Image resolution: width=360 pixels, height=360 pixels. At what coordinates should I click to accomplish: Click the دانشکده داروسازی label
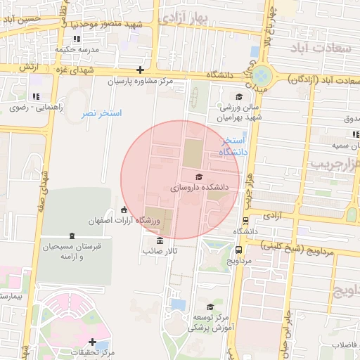tap(200, 188)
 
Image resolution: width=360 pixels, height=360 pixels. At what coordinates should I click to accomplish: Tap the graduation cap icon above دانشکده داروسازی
tap(199, 176)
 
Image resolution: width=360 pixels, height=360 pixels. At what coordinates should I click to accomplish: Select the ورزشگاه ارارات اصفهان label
tap(124, 221)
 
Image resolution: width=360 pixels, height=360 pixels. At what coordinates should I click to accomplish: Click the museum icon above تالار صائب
tap(151, 240)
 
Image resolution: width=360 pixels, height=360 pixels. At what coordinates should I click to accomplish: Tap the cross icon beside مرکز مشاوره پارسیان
tap(141, 70)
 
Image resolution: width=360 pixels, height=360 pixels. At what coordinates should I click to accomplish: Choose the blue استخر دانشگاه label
tap(231, 146)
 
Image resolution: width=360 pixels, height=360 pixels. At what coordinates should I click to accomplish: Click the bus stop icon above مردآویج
tap(240, 250)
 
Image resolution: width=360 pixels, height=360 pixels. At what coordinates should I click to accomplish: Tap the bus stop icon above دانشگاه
tap(245, 220)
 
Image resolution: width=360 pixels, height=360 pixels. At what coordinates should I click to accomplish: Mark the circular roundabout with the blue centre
tap(262, 75)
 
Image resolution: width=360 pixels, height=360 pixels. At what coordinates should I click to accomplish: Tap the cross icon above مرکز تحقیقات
tap(92, 341)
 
